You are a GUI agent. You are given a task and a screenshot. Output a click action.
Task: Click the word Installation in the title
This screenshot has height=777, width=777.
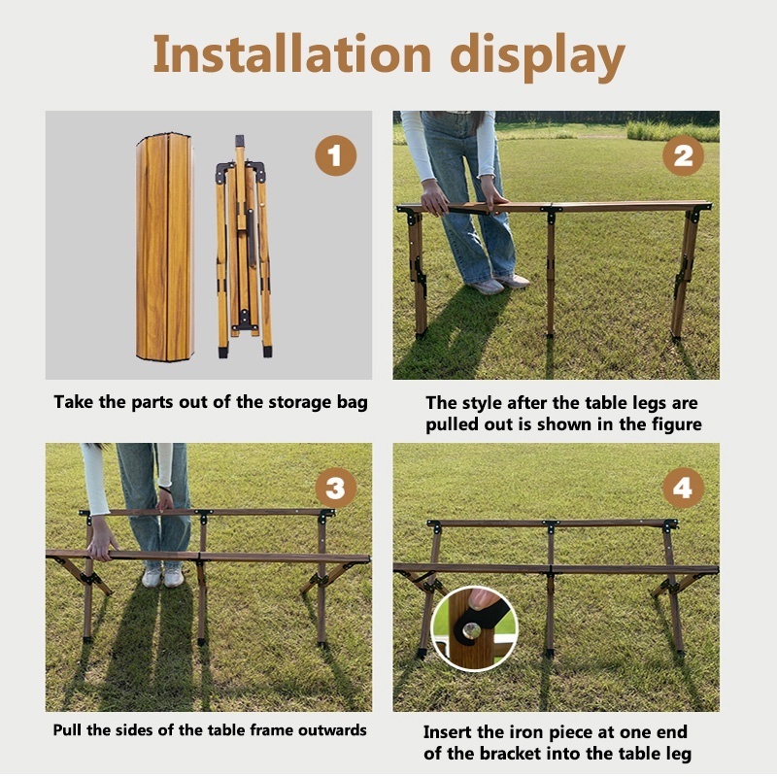[x=292, y=53]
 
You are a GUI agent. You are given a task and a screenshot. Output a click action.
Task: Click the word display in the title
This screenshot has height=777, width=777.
[x=537, y=58]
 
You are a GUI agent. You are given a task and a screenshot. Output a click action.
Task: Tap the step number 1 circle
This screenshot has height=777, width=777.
[x=335, y=155]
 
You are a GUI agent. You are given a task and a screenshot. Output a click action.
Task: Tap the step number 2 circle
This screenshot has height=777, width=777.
[x=683, y=155]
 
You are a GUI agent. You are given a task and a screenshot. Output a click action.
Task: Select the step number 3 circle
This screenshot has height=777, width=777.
[x=335, y=488]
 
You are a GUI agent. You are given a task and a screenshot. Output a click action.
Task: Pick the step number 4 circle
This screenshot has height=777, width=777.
[x=683, y=488]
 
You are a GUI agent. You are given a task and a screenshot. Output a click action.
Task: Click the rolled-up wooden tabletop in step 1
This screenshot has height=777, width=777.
[x=165, y=247]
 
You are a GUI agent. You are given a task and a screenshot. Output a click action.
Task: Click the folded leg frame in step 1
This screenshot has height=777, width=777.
[x=244, y=247]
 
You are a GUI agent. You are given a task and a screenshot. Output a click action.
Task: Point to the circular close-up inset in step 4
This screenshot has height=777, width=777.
[x=474, y=628]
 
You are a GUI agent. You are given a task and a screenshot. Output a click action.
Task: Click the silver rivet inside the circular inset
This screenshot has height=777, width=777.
[x=471, y=630]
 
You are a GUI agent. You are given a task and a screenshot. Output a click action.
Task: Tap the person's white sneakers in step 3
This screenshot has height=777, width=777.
[x=163, y=576]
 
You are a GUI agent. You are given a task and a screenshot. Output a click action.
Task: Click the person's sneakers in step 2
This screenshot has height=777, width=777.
[x=498, y=284]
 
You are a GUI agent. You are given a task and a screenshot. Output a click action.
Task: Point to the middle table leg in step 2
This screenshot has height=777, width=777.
[x=551, y=273]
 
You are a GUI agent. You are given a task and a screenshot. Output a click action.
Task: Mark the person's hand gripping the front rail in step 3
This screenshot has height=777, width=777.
[x=101, y=545]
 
